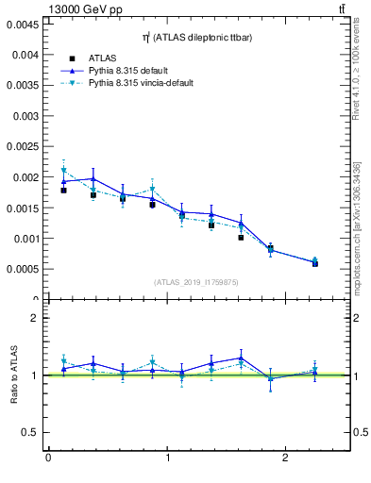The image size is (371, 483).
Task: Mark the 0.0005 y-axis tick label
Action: [23, 269]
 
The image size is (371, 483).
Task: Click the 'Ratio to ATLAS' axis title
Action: [14, 375]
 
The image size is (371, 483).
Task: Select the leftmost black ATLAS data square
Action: [63, 191]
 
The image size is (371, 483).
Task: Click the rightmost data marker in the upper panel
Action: [314, 262]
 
